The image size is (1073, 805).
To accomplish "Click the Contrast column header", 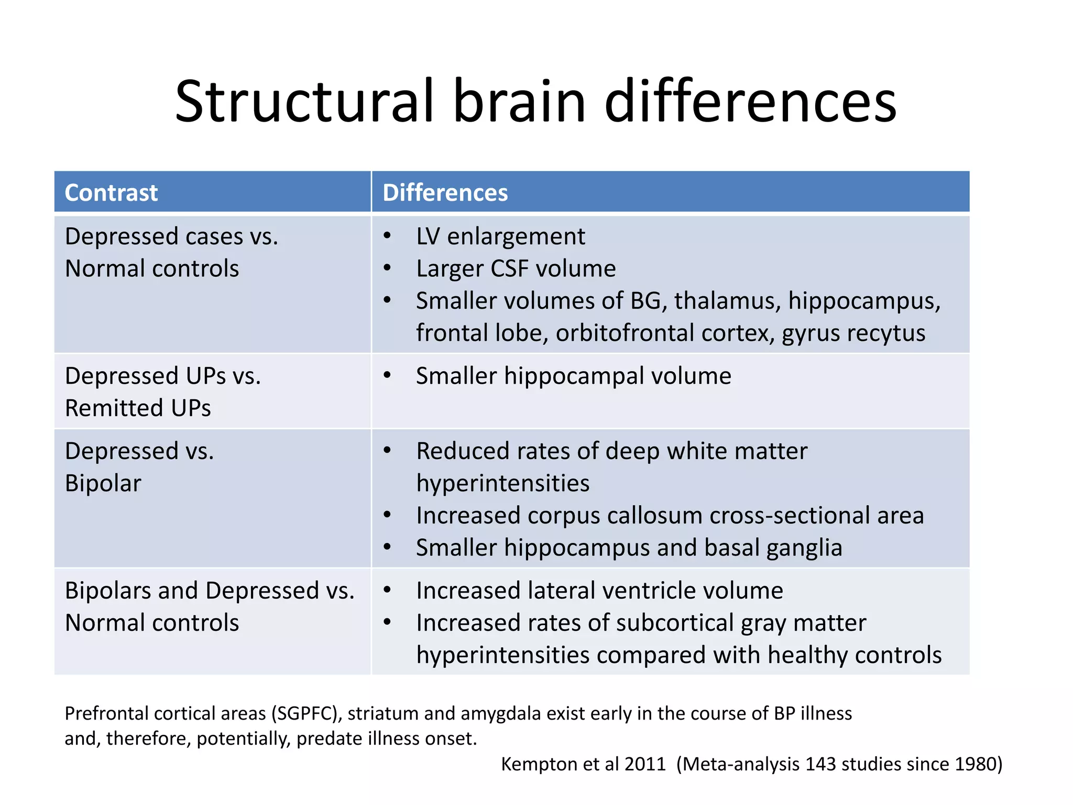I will tap(111, 192).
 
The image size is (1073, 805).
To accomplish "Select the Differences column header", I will tap(445, 192).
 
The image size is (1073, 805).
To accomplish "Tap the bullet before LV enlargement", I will tap(387, 236).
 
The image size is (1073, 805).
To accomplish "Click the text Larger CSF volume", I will tap(516, 268).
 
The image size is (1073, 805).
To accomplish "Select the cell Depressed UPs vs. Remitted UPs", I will tap(162, 391).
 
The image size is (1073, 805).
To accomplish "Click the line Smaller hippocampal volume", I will tap(573, 376).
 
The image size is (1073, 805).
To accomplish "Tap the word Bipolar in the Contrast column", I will tap(103, 483).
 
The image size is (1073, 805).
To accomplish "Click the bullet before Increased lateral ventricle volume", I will tap(387, 590).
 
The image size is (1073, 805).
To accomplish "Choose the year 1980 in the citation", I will tap(977, 764).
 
